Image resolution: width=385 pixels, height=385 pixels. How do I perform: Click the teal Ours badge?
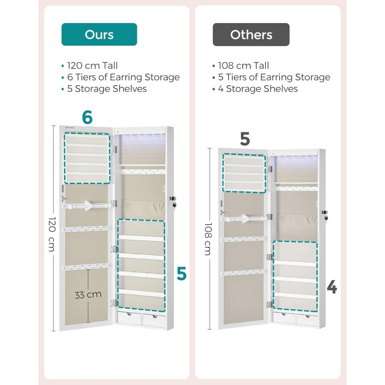click(x=99, y=34)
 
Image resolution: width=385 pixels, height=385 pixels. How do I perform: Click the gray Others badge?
click(x=251, y=35)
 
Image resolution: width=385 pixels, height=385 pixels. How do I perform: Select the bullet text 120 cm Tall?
click(x=92, y=65)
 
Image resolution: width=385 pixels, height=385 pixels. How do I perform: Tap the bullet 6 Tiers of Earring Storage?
click(x=123, y=77)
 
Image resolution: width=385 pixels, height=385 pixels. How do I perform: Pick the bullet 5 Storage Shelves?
click(x=107, y=89)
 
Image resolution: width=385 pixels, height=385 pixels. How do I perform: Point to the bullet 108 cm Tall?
click(x=244, y=65)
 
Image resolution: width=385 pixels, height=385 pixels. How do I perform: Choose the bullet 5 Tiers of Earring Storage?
click(x=274, y=77)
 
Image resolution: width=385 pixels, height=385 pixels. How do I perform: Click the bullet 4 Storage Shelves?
click(x=258, y=89)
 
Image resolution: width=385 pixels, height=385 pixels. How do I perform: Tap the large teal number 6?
click(x=88, y=117)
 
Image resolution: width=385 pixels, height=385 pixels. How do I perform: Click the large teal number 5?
click(x=182, y=274)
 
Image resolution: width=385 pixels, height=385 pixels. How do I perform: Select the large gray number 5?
click(x=245, y=139)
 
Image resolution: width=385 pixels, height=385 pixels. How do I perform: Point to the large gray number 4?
click(x=332, y=287)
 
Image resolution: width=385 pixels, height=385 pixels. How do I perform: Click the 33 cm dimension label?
click(x=88, y=295)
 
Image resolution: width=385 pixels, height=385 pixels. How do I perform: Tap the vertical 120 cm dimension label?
click(x=52, y=234)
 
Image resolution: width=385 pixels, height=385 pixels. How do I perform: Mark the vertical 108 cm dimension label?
click(x=208, y=239)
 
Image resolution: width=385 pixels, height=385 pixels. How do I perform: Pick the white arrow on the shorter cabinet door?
click(x=245, y=218)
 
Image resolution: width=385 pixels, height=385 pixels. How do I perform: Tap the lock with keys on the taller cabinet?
click(x=173, y=202)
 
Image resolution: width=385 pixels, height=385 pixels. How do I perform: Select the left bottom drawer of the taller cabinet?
click(x=129, y=318)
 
